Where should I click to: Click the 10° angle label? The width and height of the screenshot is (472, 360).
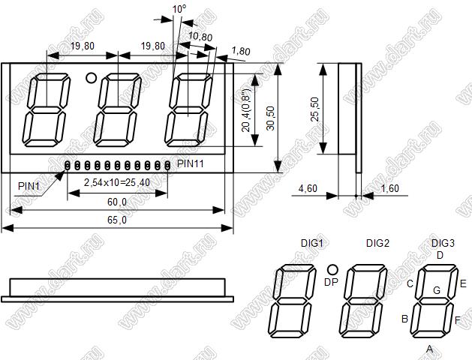pos(179,9)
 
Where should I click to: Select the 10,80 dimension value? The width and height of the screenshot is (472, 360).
pos(200,37)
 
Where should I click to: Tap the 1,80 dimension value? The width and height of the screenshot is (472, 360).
pos(241,51)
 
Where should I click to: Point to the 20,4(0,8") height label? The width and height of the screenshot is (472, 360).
pos(246,110)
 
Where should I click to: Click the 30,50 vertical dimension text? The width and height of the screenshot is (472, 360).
pos(271,118)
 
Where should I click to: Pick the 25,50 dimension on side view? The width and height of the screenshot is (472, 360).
pos(315,109)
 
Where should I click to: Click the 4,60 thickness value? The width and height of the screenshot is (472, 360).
pos(308,188)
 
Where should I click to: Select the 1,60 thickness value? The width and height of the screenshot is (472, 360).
pos(389,188)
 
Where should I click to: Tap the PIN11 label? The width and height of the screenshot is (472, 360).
pos(191,164)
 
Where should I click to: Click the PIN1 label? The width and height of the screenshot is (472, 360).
pos(29,186)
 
